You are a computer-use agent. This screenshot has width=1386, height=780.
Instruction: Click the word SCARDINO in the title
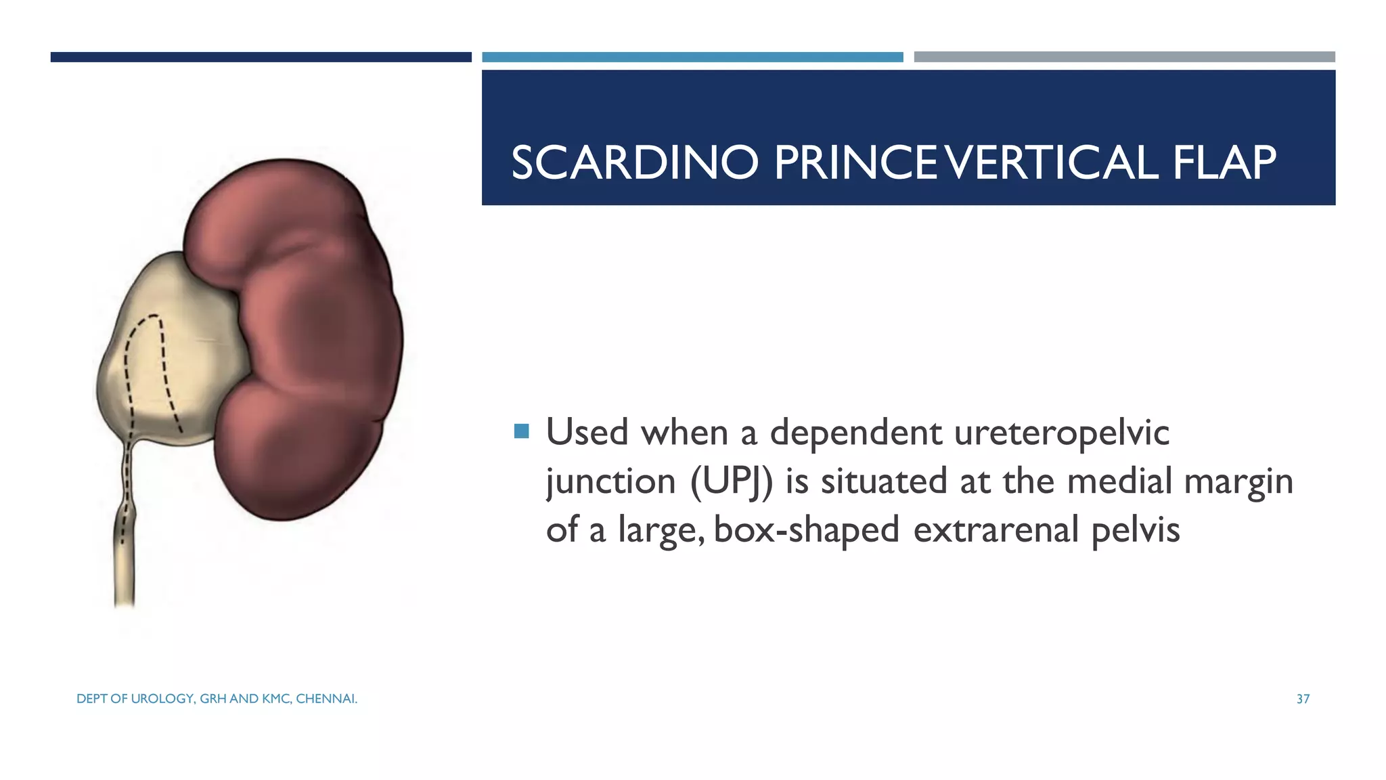click(x=634, y=163)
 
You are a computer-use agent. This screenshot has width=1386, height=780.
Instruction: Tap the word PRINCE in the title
click(x=856, y=163)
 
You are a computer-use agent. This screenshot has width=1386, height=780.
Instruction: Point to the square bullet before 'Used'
click(x=521, y=431)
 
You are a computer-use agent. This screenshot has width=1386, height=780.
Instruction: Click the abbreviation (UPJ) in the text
click(x=731, y=481)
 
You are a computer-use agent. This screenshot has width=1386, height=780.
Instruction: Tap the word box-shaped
click(x=806, y=530)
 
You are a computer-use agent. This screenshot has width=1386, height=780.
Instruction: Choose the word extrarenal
click(x=996, y=530)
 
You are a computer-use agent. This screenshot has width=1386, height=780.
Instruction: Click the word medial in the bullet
click(x=1119, y=481)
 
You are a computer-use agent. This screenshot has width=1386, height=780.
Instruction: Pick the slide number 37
click(x=1303, y=699)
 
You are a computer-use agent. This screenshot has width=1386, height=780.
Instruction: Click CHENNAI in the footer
click(x=326, y=699)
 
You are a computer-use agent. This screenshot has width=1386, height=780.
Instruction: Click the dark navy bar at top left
click(x=261, y=57)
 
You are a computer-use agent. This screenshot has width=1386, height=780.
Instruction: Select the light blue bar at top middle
click(x=692, y=57)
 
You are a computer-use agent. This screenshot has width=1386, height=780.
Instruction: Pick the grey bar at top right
click(x=1124, y=57)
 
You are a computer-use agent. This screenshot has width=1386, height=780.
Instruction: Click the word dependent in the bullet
click(x=855, y=433)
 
